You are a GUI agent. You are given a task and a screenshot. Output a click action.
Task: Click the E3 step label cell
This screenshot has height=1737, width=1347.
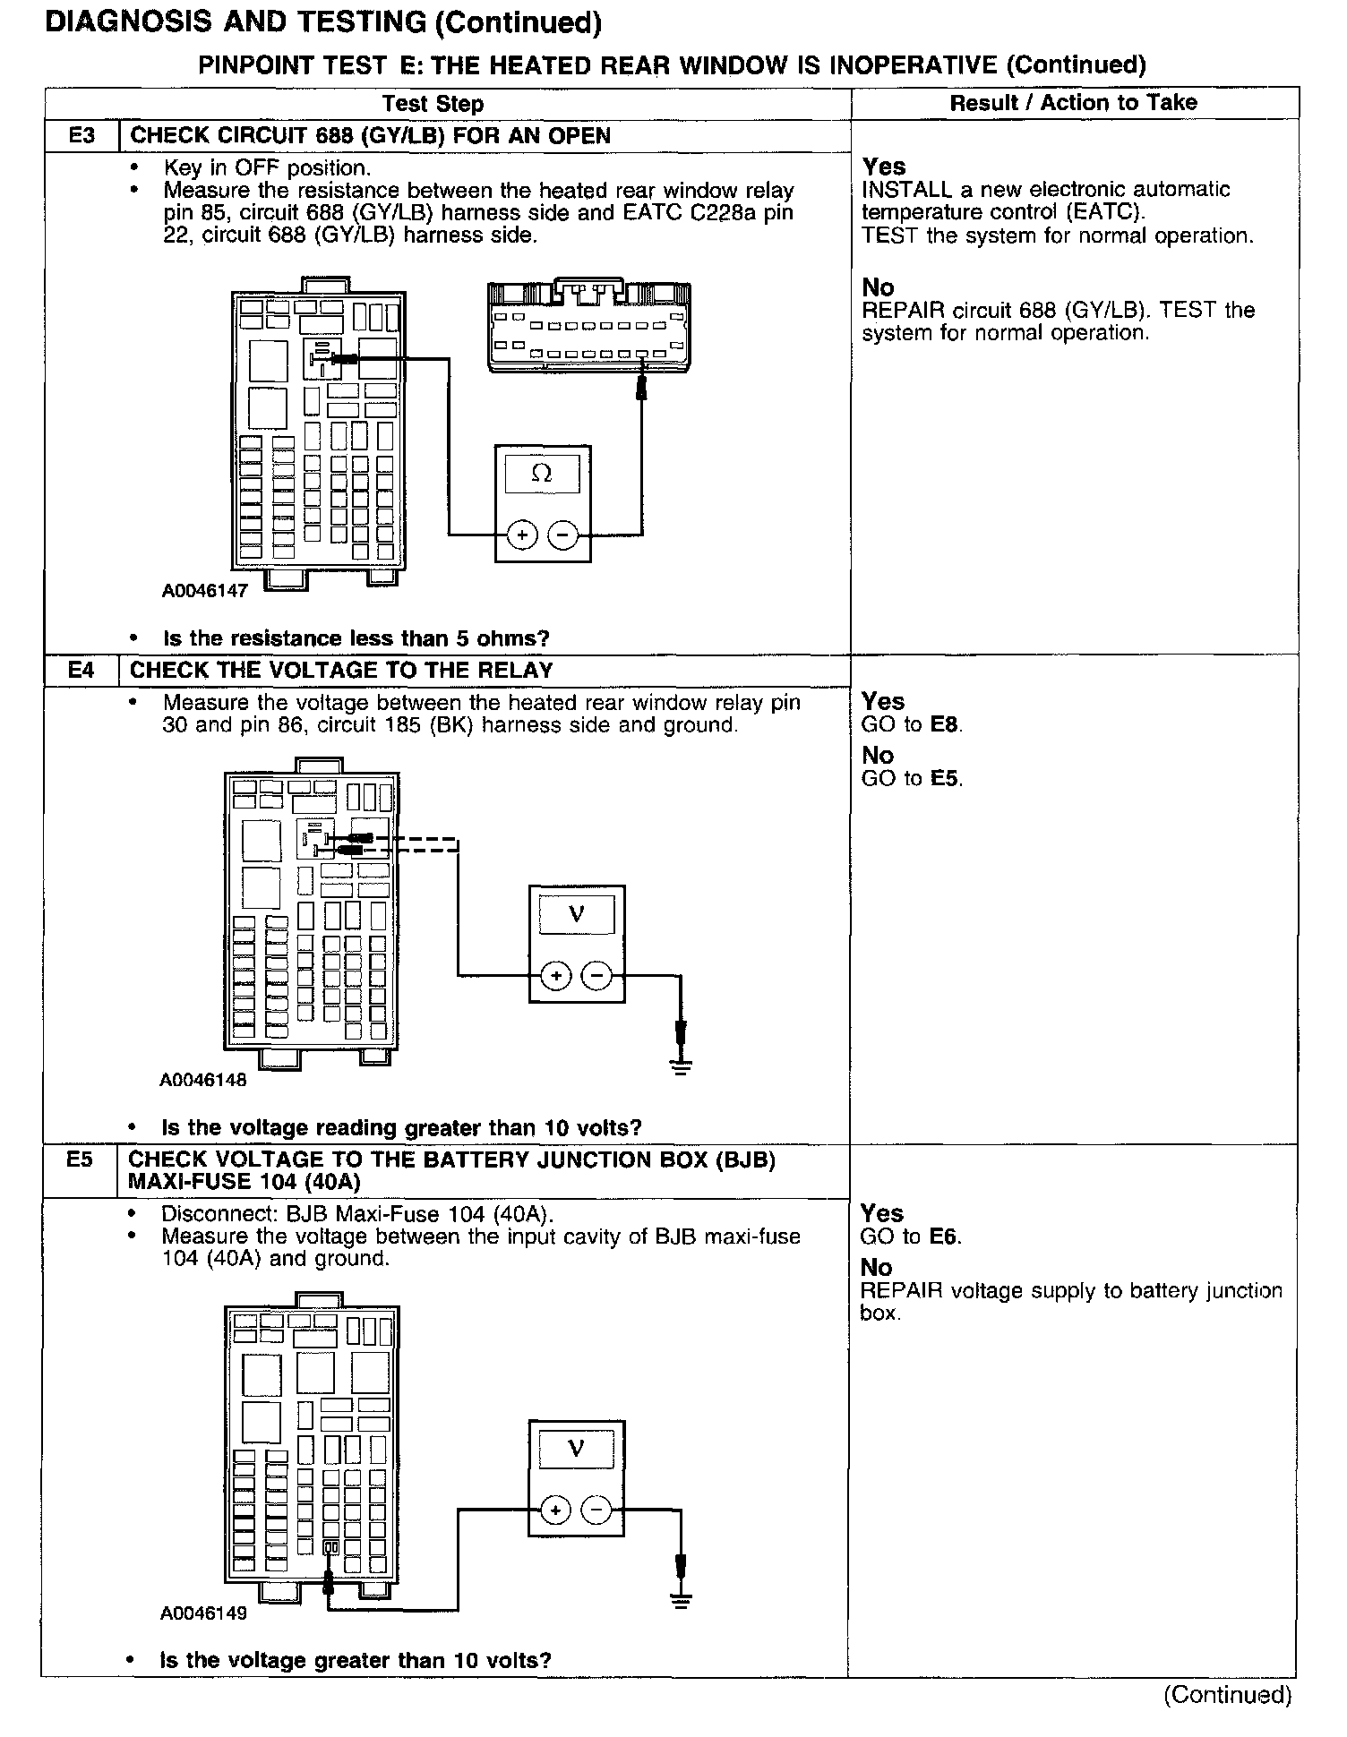coord(81,136)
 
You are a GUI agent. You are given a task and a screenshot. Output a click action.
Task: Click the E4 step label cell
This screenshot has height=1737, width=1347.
coord(81,670)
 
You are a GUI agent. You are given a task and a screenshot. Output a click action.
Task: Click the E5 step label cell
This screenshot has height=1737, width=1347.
coord(80,1160)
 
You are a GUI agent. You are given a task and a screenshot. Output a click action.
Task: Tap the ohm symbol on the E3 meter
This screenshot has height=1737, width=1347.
coord(542,474)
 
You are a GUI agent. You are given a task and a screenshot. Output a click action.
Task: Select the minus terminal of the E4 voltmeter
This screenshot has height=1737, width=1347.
coord(597,975)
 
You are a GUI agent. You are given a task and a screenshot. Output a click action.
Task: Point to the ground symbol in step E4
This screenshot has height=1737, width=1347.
coord(682,1065)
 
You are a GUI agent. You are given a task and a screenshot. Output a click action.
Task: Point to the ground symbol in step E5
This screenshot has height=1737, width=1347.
coord(682,1600)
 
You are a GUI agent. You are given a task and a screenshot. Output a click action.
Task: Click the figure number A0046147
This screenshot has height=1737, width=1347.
coord(205,591)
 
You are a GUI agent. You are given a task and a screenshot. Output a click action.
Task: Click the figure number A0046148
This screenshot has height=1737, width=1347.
coord(203,1080)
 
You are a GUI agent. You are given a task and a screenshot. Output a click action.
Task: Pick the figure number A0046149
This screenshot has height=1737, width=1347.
coord(203,1613)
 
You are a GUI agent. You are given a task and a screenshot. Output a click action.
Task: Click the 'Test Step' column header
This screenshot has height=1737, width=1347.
coord(433,104)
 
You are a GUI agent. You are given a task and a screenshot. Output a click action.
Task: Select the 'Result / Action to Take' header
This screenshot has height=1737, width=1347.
coord(1073,103)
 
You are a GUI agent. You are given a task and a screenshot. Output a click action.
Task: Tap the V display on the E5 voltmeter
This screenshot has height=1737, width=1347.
coord(577,1447)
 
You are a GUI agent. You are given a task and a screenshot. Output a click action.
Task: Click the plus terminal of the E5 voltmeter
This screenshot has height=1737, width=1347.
coord(556,1510)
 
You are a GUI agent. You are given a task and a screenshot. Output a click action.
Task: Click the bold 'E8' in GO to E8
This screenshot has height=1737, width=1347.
coord(945,725)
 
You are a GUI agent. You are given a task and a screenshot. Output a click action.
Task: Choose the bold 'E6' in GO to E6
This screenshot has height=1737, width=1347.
coord(944,1237)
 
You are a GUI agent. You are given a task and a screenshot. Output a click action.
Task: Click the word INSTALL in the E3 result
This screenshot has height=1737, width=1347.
coord(900,190)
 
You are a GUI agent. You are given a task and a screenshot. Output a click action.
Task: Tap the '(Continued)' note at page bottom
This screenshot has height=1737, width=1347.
coord(1227,1694)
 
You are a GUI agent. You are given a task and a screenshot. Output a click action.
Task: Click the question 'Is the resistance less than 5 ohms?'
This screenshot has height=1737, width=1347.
coord(356,638)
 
